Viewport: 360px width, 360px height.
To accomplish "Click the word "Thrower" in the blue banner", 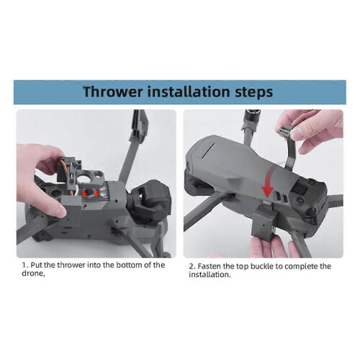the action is pos(113,91).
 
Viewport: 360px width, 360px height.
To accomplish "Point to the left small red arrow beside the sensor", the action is pos(84,193).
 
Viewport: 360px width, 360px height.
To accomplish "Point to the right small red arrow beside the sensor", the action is pos(96,193).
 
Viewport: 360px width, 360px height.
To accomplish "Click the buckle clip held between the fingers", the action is pos(285,132).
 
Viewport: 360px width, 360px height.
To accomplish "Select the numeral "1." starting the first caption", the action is pos(25,266).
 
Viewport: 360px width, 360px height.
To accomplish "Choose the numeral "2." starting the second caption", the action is pos(192,266).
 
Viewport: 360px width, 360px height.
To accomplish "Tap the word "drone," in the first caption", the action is pos(33,274).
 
